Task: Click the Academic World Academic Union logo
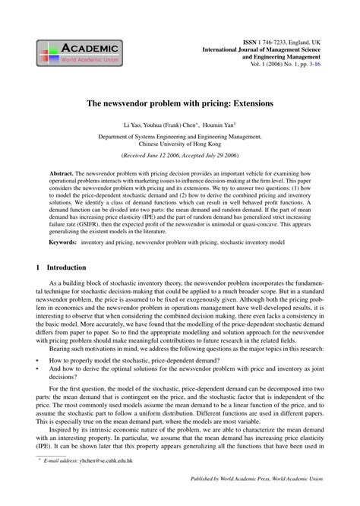73,51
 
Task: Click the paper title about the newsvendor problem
180,101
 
